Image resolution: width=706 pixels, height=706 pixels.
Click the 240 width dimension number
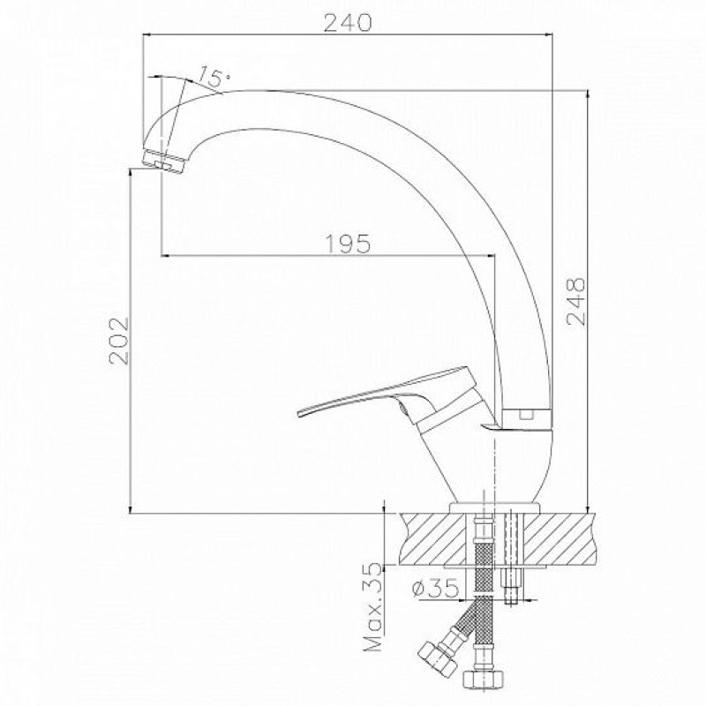(x=348, y=23)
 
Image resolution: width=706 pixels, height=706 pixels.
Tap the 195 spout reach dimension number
(x=348, y=244)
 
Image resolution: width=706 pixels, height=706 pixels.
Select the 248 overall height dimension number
(x=576, y=301)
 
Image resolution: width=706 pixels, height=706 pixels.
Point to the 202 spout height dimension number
(x=119, y=341)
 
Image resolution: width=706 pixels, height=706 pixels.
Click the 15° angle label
(x=214, y=77)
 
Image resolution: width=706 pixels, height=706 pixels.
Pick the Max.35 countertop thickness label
(x=373, y=606)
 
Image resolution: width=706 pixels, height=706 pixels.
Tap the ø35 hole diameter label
(x=435, y=587)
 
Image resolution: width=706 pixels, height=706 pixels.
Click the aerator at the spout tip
(x=163, y=161)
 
